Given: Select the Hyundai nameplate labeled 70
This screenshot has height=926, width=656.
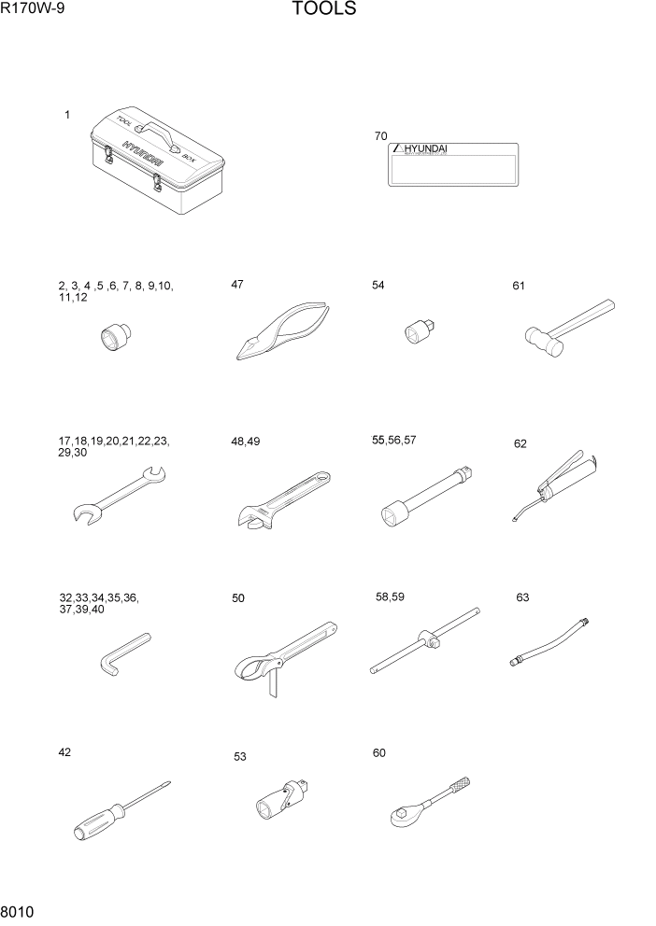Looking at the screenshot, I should pyautogui.click(x=453, y=164).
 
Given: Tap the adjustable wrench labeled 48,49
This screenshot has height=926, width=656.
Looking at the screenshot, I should pyautogui.click(x=280, y=498).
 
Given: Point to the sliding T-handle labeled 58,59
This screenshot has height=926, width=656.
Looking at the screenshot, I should pyautogui.click(x=426, y=640).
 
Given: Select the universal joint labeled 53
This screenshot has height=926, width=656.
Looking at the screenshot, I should pyautogui.click(x=285, y=804).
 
